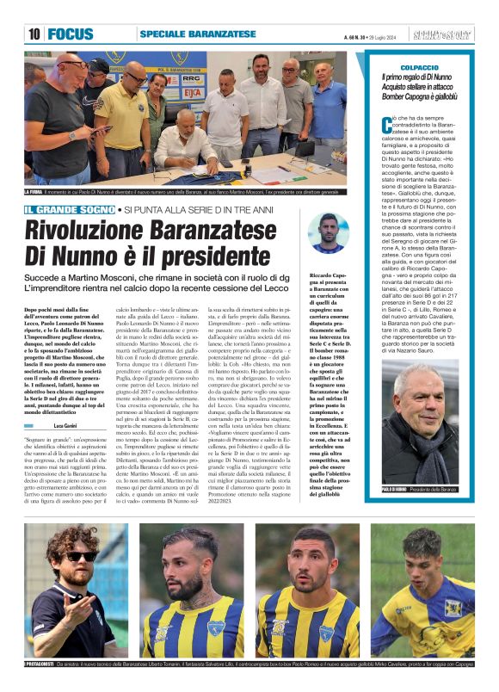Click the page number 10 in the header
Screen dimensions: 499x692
(x=34, y=34)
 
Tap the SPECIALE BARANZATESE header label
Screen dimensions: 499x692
(x=198, y=34)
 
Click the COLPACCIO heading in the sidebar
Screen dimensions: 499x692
(x=421, y=66)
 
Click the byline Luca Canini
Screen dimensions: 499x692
(x=65, y=401)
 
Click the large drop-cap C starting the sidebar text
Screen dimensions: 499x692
(x=386, y=126)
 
